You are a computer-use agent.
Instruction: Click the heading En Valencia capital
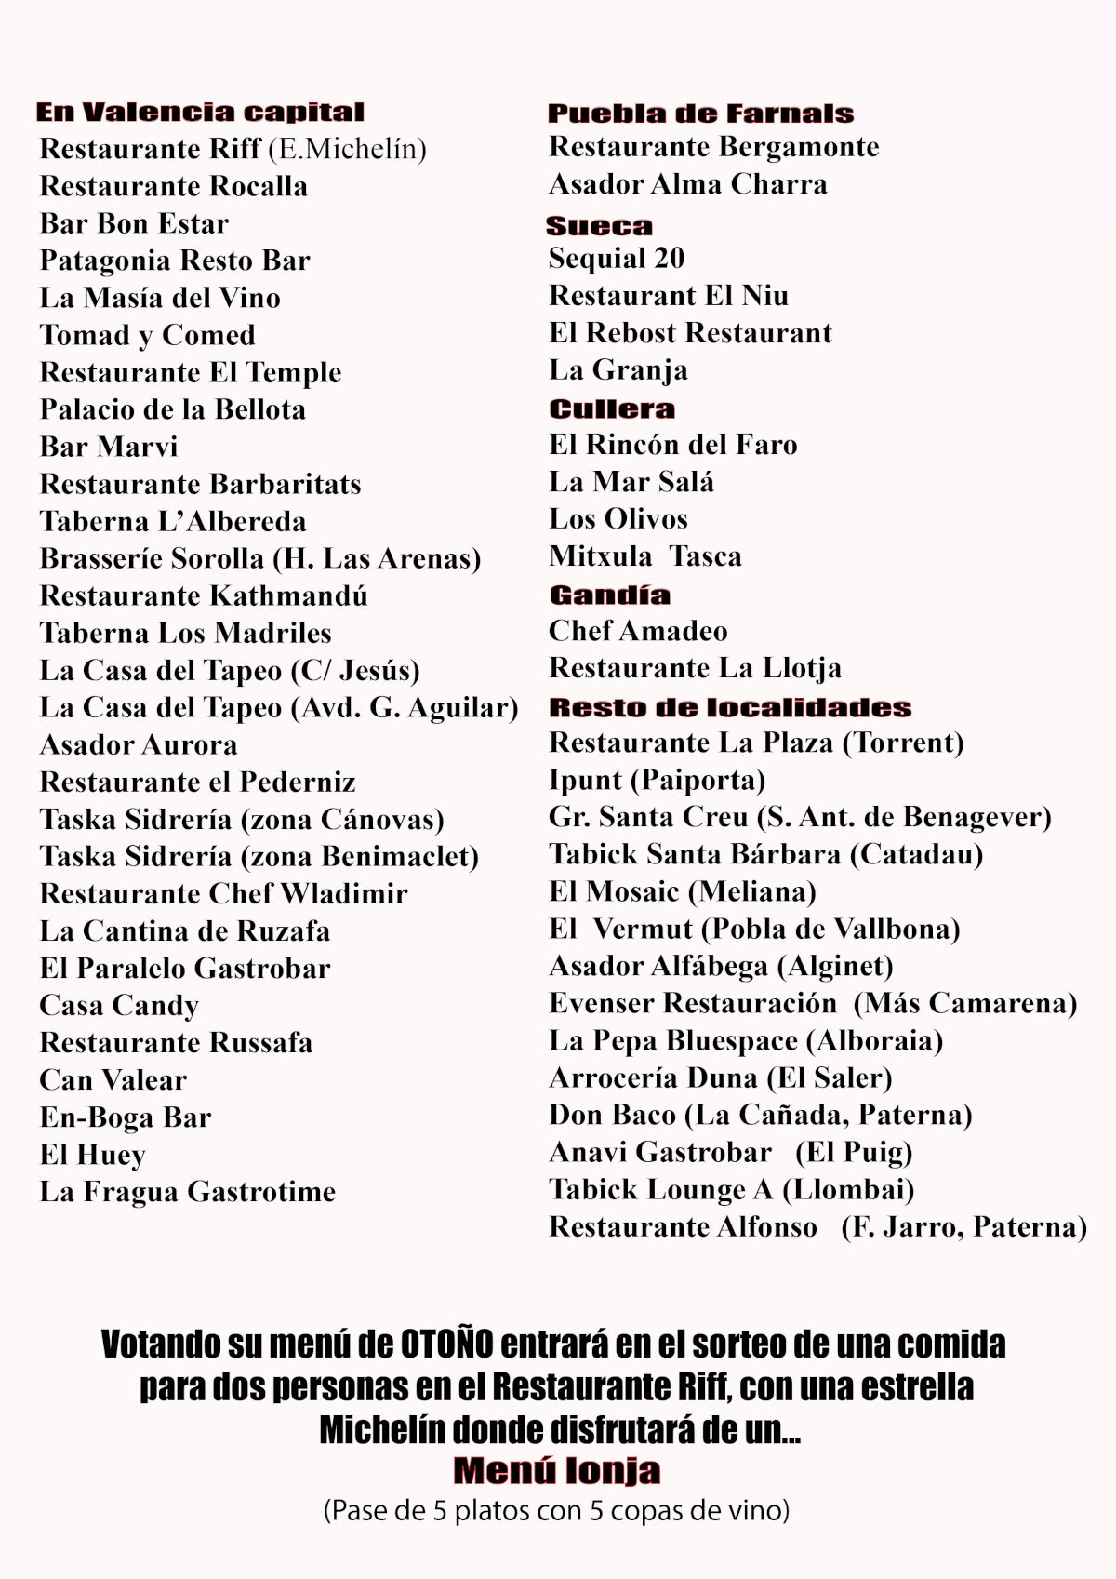[x=200, y=113]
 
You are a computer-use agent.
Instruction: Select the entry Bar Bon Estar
[x=134, y=223]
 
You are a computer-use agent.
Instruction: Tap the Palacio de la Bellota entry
[x=172, y=409]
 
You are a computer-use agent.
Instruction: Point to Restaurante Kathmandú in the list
[x=204, y=595]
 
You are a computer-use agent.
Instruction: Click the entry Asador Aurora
[x=139, y=744]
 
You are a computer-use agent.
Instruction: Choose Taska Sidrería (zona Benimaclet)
[x=259, y=856]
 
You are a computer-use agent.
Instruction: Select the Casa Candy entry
[x=119, y=1005]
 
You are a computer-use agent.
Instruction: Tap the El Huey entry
[x=92, y=1155]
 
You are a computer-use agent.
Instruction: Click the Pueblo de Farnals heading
[x=700, y=114]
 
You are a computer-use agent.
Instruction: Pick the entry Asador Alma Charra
[x=687, y=184]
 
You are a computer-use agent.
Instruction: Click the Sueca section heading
[x=599, y=225]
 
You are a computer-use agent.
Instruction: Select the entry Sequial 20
[x=617, y=258]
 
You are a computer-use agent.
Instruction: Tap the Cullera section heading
[x=612, y=408]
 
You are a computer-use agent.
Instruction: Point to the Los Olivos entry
[x=618, y=518]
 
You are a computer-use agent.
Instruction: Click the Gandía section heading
[x=609, y=595]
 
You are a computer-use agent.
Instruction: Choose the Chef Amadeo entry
[x=638, y=631]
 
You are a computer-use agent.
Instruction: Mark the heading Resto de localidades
[x=730, y=707]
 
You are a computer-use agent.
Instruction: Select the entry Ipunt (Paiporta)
[x=657, y=780]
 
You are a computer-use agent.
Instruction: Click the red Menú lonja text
[x=557, y=1470]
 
